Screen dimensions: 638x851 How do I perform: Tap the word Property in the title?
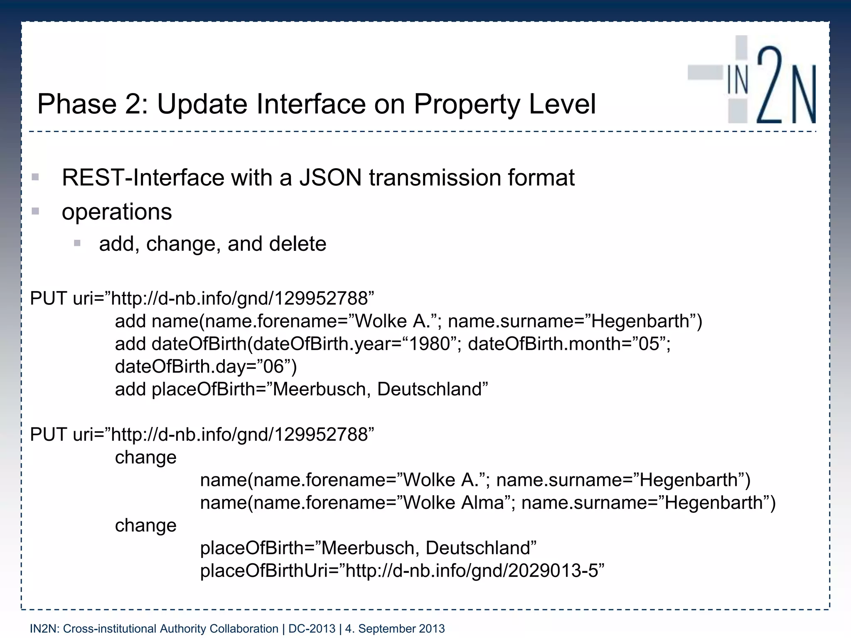pyautogui.click(x=466, y=104)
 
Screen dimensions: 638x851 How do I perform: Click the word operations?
pyautogui.click(x=117, y=212)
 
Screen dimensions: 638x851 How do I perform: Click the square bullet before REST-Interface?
pyautogui.click(x=35, y=177)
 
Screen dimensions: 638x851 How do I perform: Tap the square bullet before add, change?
pyautogui.click(x=77, y=243)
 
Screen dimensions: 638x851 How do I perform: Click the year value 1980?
pyautogui.click(x=430, y=344)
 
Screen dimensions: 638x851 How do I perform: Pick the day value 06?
pyautogui.click(x=273, y=367)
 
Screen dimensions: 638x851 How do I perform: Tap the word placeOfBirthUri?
pyautogui.click(x=263, y=571)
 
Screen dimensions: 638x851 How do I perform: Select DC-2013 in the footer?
pyautogui.click(x=312, y=629)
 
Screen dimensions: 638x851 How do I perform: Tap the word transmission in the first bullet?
pyautogui.click(x=435, y=178)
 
